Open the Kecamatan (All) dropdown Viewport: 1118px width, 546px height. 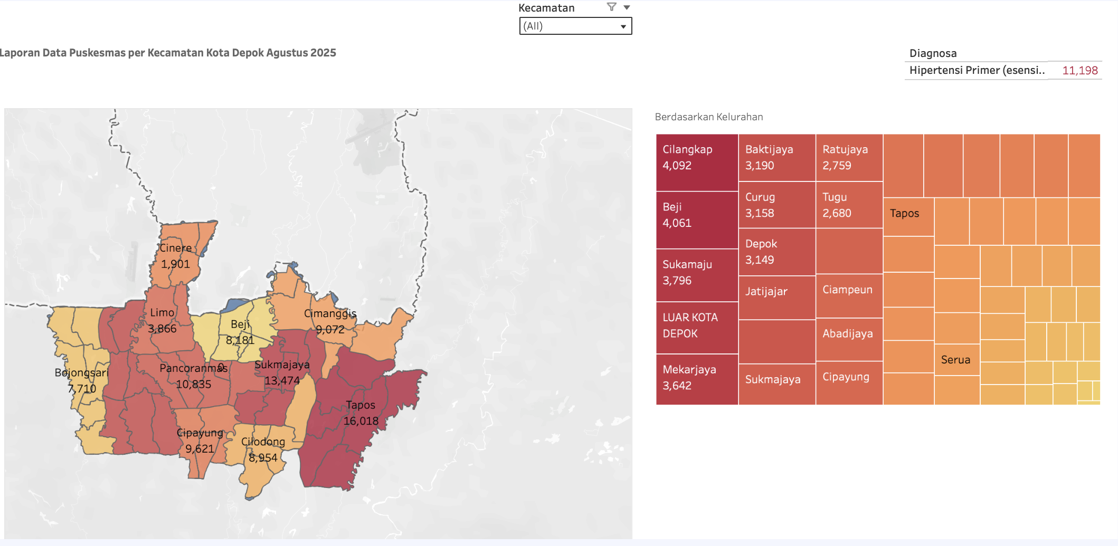tap(575, 26)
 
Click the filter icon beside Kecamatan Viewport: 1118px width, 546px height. tap(612, 7)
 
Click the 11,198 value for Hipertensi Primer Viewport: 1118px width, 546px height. tap(1079, 71)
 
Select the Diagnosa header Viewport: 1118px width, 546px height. tap(933, 53)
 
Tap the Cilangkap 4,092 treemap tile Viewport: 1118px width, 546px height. tap(696, 162)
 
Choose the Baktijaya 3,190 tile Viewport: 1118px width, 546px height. tap(776, 157)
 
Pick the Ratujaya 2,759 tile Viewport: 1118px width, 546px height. tap(849, 157)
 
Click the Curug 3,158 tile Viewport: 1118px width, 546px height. tap(776, 205)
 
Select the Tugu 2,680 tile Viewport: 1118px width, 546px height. tap(849, 205)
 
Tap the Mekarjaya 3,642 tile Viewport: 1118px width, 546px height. tap(696, 378)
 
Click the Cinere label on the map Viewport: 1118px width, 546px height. tap(176, 248)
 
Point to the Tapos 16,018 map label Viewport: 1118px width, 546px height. tap(361, 413)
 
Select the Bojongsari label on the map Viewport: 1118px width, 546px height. tap(81, 373)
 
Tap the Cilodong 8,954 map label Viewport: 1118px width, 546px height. tap(263, 449)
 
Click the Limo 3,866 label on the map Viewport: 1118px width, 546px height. tap(162, 320)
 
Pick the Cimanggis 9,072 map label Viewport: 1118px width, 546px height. tap(330, 321)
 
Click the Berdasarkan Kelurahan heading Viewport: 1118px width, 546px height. tap(708, 117)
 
